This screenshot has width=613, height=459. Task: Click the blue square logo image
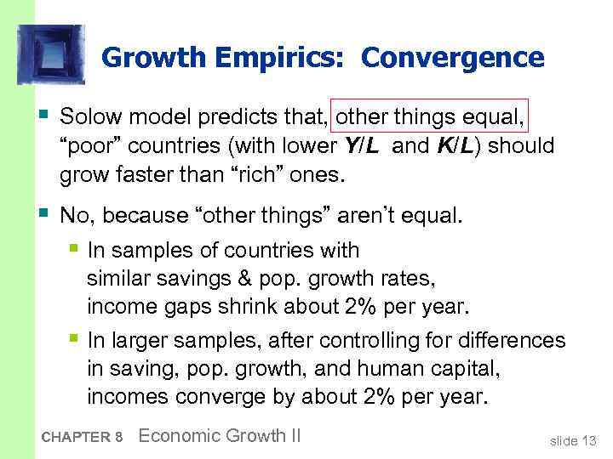[x=50, y=54]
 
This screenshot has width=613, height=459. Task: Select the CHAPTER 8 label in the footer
[x=82, y=437]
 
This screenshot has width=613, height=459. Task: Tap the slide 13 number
[x=573, y=440]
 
